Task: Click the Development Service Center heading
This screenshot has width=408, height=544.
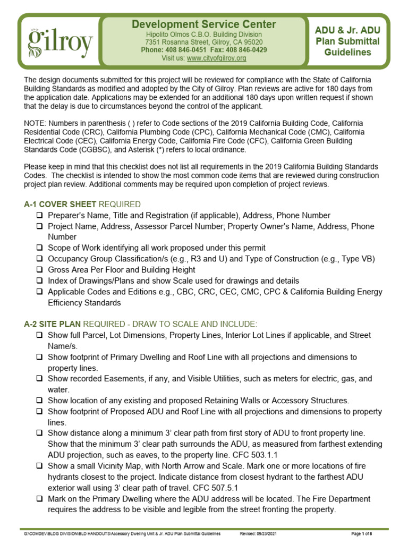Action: (203, 24)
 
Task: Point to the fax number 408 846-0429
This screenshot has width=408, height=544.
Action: (248, 50)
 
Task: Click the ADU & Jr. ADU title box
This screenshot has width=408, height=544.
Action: (347, 41)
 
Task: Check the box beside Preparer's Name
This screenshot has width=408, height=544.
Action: (40, 216)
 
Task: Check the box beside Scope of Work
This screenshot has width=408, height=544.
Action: (40, 248)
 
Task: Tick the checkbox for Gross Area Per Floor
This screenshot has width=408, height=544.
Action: (40, 270)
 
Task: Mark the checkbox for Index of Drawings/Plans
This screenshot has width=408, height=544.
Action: (40, 280)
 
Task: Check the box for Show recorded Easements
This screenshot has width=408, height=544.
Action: (40, 379)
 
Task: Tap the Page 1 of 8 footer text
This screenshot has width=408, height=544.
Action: (367, 533)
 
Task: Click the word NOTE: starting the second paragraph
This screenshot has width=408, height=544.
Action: (36, 122)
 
